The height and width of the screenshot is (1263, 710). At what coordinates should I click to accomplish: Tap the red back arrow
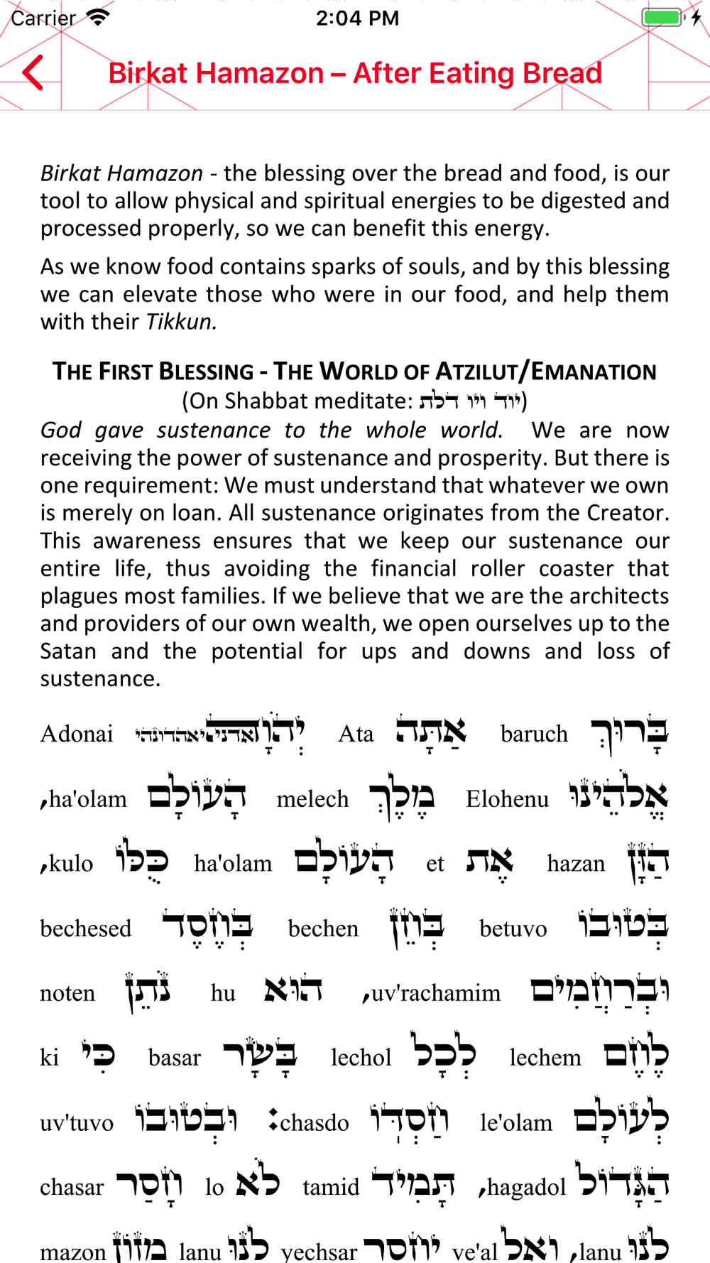click(x=33, y=72)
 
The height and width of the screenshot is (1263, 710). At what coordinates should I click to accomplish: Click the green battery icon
click(x=662, y=17)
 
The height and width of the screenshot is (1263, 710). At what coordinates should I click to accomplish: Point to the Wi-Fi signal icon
click(x=97, y=17)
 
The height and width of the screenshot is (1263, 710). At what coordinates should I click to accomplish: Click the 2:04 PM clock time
click(x=357, y=18)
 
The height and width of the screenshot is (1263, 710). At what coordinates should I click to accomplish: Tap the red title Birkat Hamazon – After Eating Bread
click(x=355, y=73)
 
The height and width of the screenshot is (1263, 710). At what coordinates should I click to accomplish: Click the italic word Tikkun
click(x=181, y=322)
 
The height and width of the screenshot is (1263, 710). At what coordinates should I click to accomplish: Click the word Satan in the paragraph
click(x=67, y=651)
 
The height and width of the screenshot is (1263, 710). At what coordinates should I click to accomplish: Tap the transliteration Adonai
click(x=77, y=734)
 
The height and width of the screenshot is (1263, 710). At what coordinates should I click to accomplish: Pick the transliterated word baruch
click(x=534, y=734)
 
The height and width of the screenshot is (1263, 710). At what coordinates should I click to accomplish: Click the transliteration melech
click(x=312, y=799)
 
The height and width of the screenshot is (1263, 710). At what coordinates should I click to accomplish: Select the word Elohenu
click(x=507, y=799)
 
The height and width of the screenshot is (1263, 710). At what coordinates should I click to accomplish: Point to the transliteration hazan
click(x=576, y=864)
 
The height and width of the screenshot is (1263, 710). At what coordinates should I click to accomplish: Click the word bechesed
click(x=86, y=928)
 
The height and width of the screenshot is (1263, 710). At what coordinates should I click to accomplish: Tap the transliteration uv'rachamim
click(x=435, y=993)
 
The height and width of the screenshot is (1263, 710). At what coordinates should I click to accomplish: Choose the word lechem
click(x=545, y=1058)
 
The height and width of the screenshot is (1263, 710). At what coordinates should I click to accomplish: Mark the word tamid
click(x=331, y=1187)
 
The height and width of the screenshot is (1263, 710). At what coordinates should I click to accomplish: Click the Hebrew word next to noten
click(x=147, y=992)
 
